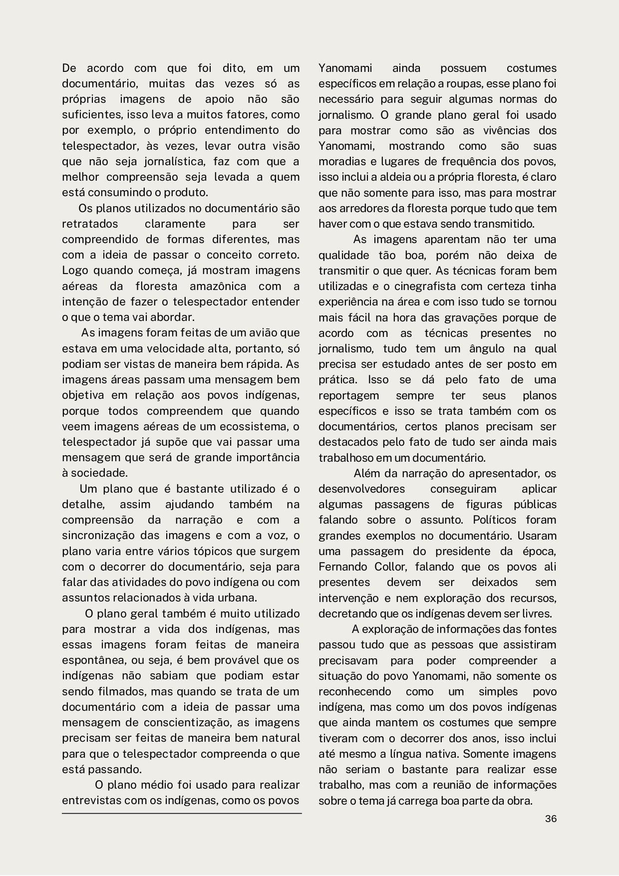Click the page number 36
pos(551,819)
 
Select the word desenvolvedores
pos(361,489)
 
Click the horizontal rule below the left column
pos(182,813)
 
